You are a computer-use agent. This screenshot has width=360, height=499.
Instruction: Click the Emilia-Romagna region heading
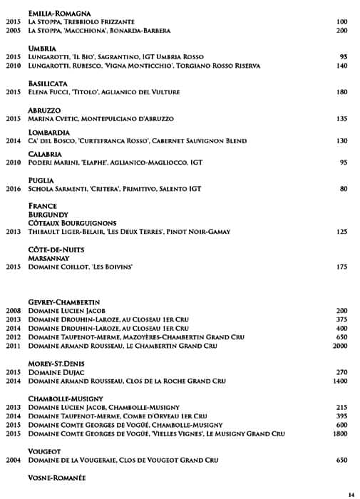(59, 14)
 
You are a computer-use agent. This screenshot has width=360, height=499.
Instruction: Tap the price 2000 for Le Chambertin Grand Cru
(339, 346)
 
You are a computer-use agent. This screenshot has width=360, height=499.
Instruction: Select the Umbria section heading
(43, 48)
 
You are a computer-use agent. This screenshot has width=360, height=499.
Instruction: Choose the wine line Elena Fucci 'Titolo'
(103, 92)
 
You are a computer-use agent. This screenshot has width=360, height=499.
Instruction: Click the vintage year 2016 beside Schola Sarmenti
(13, 189)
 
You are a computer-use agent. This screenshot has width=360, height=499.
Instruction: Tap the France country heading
(42, 206)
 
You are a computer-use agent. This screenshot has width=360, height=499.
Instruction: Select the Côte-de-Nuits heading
(56, 249)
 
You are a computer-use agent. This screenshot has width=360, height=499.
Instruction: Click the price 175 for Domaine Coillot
(341, 267)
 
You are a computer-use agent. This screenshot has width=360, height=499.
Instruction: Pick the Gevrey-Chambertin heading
(63, 302)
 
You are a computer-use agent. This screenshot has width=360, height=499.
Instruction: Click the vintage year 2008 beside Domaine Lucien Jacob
(13, 311)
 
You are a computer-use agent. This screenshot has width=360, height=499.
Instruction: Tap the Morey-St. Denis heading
(57, 364)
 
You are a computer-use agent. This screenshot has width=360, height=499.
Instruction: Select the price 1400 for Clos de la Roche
(339, 381)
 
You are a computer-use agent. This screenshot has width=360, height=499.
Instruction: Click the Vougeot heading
(44, 451)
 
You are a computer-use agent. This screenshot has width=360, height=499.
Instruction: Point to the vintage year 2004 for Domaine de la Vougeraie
(13, 460)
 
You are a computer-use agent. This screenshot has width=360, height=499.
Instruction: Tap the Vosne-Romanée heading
(57, 478)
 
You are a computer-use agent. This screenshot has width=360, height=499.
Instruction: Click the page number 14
(351, 494)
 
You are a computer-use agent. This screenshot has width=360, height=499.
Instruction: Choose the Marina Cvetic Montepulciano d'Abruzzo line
(101, 119)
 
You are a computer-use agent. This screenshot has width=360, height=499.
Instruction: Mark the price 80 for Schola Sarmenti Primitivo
(344, 189)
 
